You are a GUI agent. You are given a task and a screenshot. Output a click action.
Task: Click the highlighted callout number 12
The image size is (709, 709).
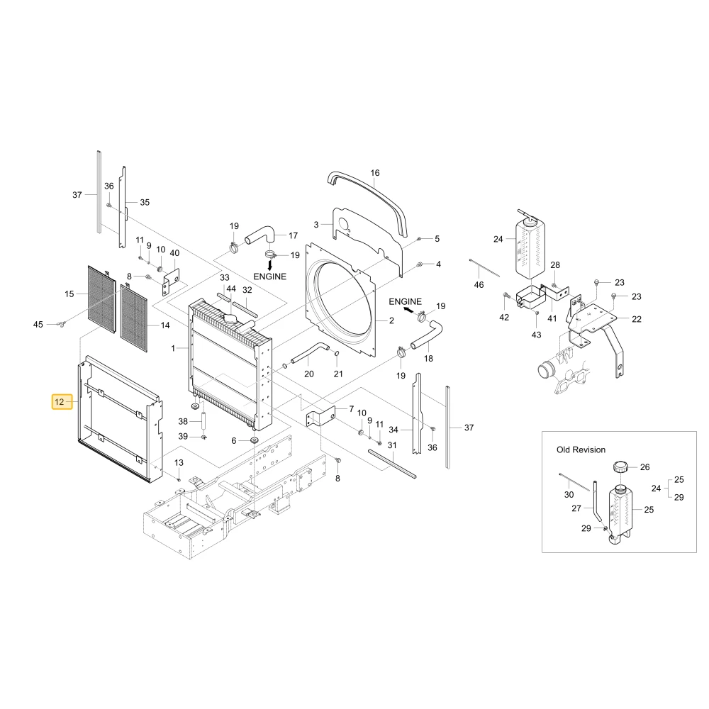click(x=60, y=401)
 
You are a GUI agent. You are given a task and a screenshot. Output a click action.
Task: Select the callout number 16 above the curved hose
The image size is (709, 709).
click(x=375, y=173)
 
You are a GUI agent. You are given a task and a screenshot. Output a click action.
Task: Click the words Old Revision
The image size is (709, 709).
click(x=581, y=450)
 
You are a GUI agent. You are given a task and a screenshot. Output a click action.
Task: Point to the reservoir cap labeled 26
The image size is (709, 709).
click(x=620, y=467)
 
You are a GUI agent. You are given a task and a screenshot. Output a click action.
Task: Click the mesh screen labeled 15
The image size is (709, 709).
click(x=101, y=299)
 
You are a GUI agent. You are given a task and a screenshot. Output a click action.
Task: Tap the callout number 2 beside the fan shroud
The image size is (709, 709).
click(x=391, y=320)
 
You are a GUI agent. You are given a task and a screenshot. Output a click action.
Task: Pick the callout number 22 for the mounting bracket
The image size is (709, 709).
click(x=637, y=319)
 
